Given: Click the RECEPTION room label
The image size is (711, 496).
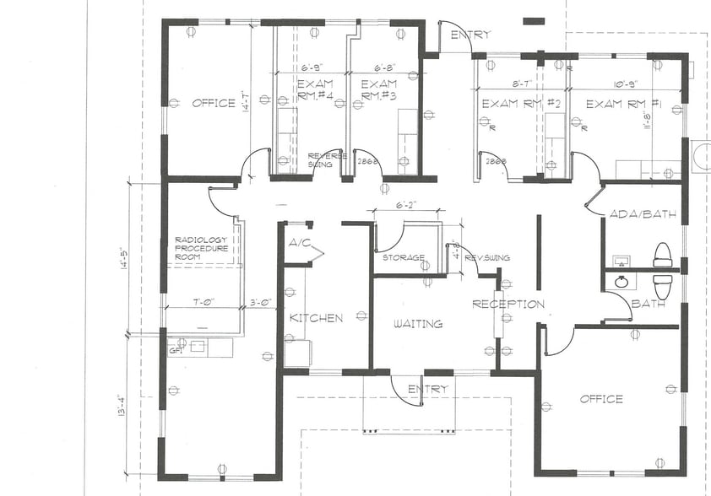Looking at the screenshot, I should pos(507,304).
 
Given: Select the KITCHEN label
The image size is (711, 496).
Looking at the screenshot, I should pos(316,318).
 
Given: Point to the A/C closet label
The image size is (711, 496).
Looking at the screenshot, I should pos(299,243).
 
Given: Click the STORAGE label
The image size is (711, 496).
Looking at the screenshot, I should pos(403,257).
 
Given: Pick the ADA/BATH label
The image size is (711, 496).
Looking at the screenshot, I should pos(642,214).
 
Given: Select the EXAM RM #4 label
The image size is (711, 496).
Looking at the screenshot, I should pos(313,89).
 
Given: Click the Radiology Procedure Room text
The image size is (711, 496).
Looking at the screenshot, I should pos(202,249).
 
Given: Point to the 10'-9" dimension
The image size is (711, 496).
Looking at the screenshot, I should pos(626,84).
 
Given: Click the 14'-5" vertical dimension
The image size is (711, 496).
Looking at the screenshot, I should pos(122,252).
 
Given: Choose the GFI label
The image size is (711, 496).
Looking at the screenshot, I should pos(176,348).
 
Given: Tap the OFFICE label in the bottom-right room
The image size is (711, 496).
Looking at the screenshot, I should pos(601,399).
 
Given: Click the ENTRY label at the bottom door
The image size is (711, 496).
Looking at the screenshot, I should pos(427,389).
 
